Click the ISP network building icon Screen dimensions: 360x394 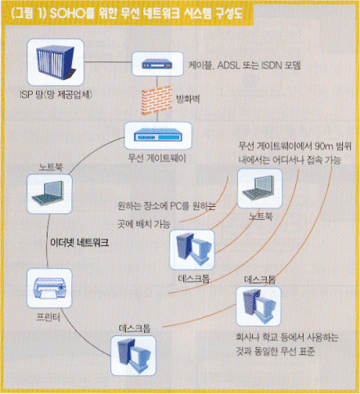coord(56,62)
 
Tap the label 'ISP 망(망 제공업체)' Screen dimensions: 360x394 coord(56,95)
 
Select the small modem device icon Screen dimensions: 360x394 coord(157,65)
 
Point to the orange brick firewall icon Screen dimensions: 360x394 coord(157,100)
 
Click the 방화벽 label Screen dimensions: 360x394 coord(187,99)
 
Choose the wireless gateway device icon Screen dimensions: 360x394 coord(158,136)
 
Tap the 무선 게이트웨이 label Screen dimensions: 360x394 coord(157,158)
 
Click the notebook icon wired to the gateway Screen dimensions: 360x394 coord(49,194)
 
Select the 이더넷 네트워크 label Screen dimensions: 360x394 coord(79,242)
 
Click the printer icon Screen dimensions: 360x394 coord(49,289)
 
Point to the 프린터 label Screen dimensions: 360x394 coord(48,317)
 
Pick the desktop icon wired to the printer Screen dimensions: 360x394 coord(133,356)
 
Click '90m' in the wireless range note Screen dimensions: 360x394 coord(324,146)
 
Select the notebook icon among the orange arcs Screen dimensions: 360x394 coord(260,188)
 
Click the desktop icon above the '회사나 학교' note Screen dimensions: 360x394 coord(259,306)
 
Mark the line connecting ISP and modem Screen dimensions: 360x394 coord(108,62)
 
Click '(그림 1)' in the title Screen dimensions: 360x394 coord(29,14)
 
